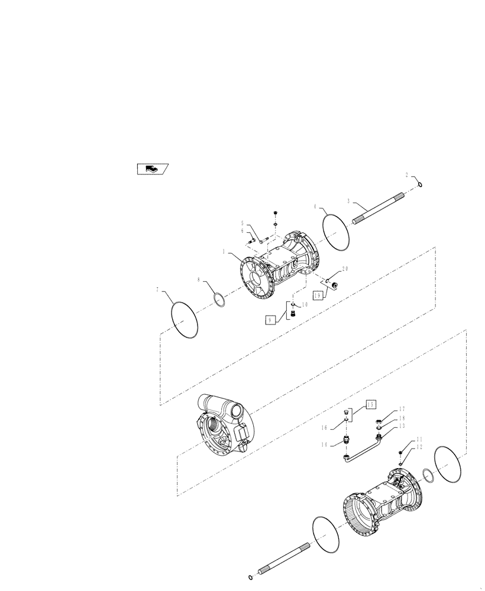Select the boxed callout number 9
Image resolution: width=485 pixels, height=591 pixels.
[x=270, y=320]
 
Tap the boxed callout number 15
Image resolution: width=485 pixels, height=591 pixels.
[x=370, y=404]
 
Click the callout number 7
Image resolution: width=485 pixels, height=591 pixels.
[x=157, y=290]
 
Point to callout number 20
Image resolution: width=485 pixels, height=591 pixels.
[x=345, y=268]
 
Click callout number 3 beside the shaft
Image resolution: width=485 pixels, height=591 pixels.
[x=348, y=201]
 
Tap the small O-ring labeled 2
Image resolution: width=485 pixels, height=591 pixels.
[x=419, y=185]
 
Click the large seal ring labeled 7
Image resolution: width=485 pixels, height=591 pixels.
[x=183, y=320]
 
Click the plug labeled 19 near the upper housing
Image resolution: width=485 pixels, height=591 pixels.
[x=334, y=286]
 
